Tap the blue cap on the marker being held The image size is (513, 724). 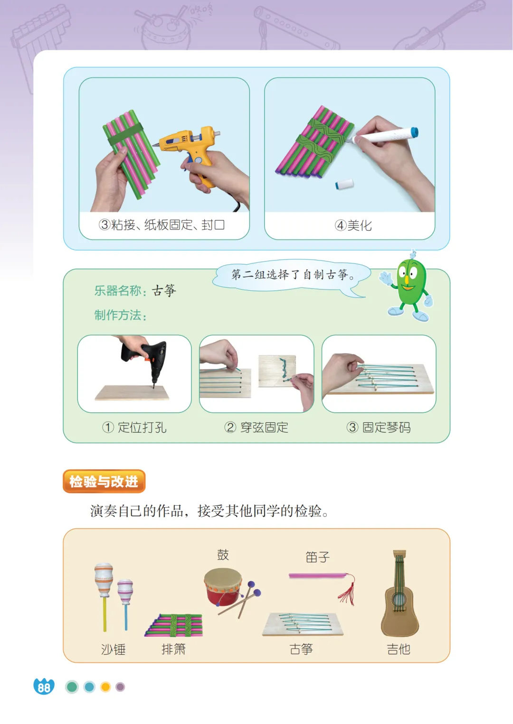[414, 132]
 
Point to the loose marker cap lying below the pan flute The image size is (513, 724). [344, 184]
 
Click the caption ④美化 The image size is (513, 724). [353, 225]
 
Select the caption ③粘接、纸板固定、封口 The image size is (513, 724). [161, 224]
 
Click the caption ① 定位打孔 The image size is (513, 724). [134, 427]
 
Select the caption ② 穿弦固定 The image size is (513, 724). [256, 427]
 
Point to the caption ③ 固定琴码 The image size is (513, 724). [379, 427]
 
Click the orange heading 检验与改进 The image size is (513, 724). [104, 481]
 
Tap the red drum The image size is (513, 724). [223, 586]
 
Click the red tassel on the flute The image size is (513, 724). [347, 590]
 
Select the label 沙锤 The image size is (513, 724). [113, 649]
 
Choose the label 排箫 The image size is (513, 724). [173, 649]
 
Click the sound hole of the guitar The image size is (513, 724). [399, 600]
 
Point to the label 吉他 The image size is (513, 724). [399, 649]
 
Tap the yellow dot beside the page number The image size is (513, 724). [105, 687]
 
